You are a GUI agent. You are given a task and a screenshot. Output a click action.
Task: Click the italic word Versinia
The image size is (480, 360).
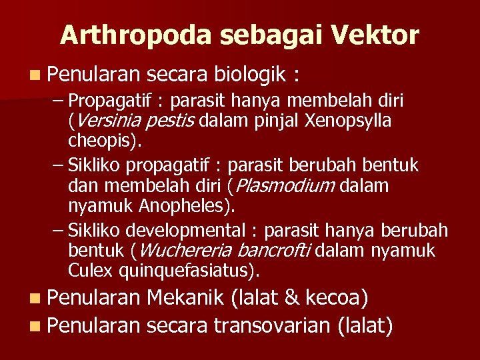103,122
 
